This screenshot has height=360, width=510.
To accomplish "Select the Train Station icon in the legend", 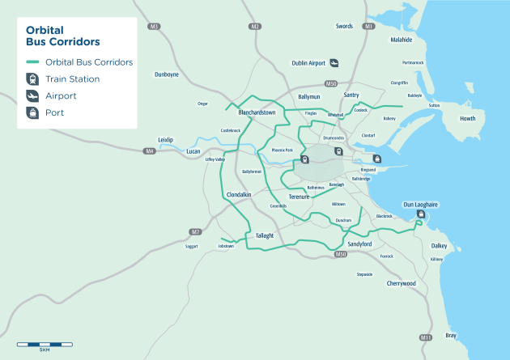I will pyautogui.click(x=33, y=78).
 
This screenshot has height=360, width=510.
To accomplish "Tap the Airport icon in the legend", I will pyautogui.click(x=33, y=95).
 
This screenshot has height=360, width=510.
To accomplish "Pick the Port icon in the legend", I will pyautogui.click(x=33, y=113).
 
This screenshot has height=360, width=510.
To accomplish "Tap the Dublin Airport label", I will pyautogui.click(x=308, y=63).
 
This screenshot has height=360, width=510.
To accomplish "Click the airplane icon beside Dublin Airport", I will pyautogui.click(x=334, y=63).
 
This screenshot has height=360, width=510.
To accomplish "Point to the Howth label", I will pyautogui.click(x=468, y=118).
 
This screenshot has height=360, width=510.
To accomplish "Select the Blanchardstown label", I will pyautogui.click(x=257, y=112).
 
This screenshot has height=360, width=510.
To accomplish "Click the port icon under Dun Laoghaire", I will pyautogui.click(x=420, y=214).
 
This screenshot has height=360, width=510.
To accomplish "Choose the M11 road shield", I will pyautogui.click(x=426, y=337).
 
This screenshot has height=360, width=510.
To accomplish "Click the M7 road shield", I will pyautogui.click(x=194, y=232).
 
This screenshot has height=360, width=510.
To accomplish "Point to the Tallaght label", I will pyautogui.click(x=265, y=235).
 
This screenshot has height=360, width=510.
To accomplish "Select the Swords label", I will pyautogui.click(x=345, y=27).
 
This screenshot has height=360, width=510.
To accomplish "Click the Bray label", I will pyautogui.click(x=451, y=335).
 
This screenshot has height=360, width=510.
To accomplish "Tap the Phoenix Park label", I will pyautogui.click(x=282, y=150).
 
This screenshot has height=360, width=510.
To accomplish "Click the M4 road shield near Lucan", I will pyautogui.click(x=150, y=151).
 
